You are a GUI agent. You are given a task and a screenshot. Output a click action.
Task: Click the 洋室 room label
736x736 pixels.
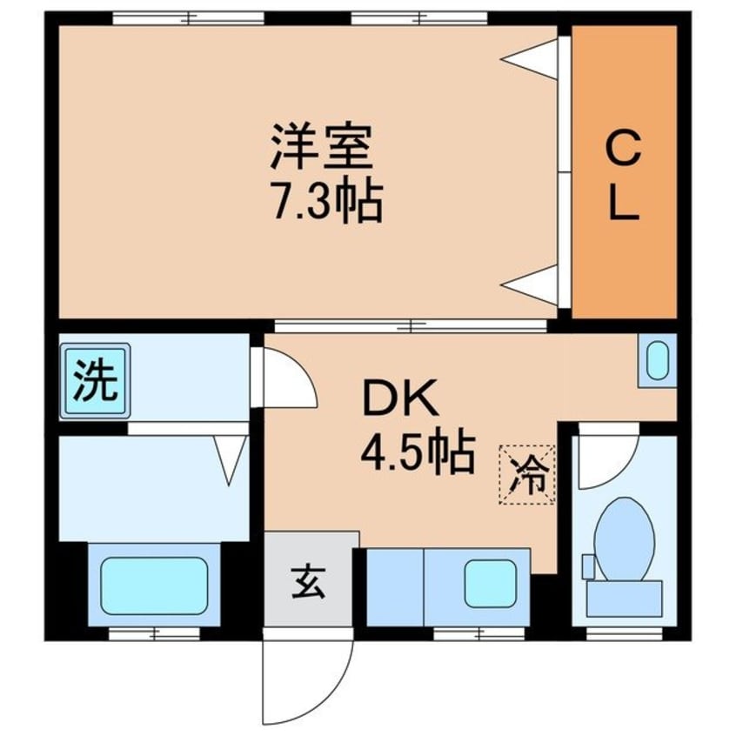[321, 148]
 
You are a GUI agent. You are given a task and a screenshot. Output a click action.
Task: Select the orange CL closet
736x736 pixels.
[623, 173]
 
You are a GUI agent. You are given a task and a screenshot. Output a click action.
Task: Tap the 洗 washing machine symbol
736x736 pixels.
[95, 379]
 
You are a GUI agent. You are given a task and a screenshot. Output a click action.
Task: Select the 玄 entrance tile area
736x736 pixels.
[311, 579]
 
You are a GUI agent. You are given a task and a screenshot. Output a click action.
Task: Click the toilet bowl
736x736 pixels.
[625, 539]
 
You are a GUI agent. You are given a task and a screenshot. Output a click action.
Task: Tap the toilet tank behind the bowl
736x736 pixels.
[623, 598]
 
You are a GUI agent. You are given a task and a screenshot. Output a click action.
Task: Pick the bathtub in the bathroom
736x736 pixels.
[153, 585]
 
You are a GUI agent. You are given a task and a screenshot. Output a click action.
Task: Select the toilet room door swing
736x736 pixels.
[605, 461]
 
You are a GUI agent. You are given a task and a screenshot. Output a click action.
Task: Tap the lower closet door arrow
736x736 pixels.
[530, 284]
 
